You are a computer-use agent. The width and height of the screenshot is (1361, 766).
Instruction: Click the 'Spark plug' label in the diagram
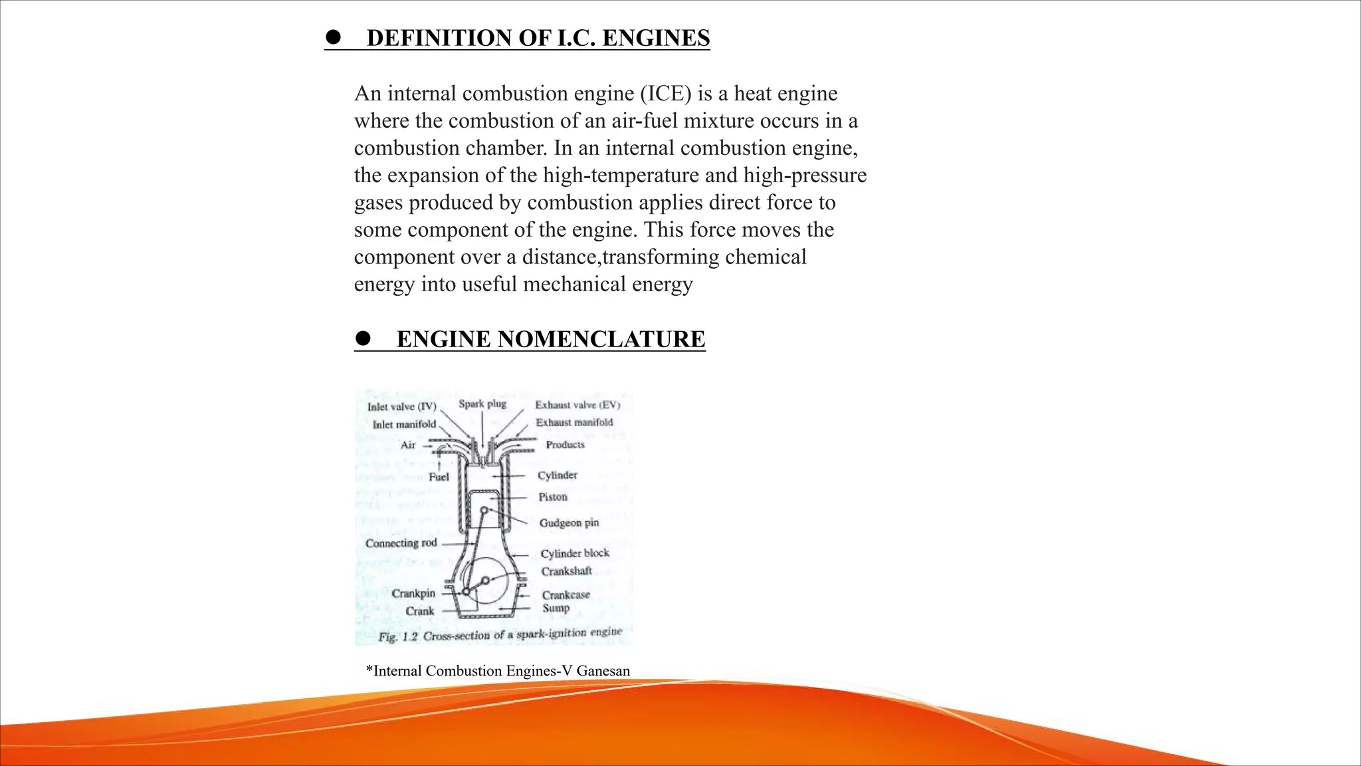click(482, 404)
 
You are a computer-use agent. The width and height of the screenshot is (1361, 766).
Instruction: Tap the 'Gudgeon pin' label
click(569, 523)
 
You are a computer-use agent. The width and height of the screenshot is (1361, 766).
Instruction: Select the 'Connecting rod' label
click(401, 543)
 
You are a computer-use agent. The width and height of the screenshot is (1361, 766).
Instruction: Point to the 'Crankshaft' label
click(566, 571)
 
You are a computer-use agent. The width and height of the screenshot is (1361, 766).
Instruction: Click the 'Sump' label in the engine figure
click(556, 608)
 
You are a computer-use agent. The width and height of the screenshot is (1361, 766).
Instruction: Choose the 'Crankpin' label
click(413, 593)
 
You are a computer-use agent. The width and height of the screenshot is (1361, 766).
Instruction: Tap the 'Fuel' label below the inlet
click(439, 477)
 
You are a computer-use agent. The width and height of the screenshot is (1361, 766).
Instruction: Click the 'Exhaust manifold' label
click(574, 422)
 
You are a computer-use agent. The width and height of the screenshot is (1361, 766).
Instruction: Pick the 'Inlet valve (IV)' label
click(402, 406)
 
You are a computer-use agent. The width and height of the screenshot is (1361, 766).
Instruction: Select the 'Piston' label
click(553, 497)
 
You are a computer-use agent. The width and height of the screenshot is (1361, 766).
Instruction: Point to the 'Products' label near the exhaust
click(565, 445)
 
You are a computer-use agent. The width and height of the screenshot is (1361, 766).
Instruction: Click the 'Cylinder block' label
click(575, 553)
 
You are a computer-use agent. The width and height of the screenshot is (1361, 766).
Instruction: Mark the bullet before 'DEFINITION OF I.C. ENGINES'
click(333, 37)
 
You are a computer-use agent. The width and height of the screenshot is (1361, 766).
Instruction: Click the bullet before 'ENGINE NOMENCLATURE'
click(363, 338)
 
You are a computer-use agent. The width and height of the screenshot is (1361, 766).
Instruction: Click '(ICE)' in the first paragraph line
click(666, 94)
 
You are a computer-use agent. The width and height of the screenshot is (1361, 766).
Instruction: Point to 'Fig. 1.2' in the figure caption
click(397, 637)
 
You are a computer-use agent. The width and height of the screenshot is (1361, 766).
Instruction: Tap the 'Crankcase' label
click(566, 595)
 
